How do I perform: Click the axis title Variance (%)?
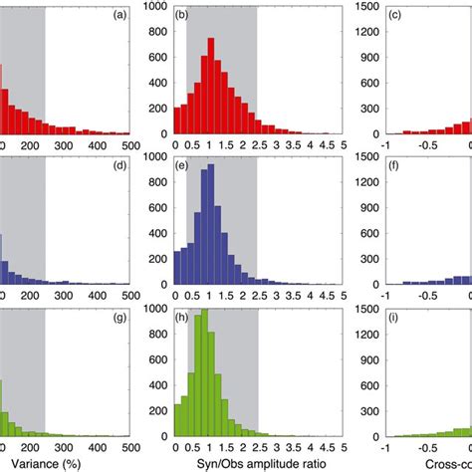pyautogui.click(x=40, y=463)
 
